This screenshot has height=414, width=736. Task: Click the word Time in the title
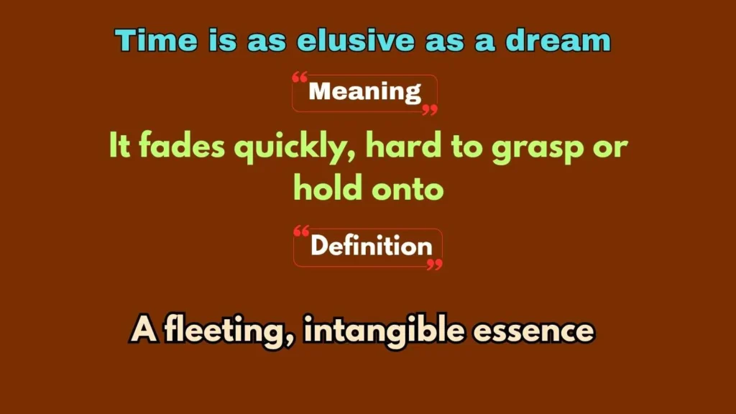pyautogui.click(x=147, y=40)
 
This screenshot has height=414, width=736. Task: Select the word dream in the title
pyautogui.click(x=558, y=40)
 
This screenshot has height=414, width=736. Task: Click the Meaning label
pyautogui.click(x=364, y=92)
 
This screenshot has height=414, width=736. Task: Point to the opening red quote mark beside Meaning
pyautogui.click(x=300, y=76)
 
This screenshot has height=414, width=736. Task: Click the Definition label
pyautogui.click(x=371, y=247)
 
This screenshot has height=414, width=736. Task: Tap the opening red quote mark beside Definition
pyautogui.click(x=302, y=231)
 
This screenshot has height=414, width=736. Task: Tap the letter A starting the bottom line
pyautogui.click(x=142, y=331)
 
